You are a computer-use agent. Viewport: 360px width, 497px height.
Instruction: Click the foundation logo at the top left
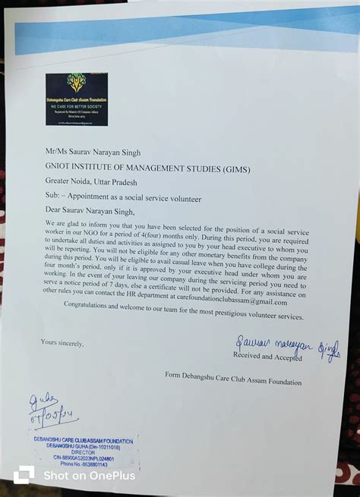coord(76,99)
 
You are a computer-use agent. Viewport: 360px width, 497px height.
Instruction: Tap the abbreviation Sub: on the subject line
coord(53,197)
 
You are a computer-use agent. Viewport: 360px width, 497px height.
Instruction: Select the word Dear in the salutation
coord(55,211)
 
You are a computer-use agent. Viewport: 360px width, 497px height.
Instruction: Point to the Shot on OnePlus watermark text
coord(89,475)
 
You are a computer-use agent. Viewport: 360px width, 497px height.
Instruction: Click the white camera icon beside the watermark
coord(24,474)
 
